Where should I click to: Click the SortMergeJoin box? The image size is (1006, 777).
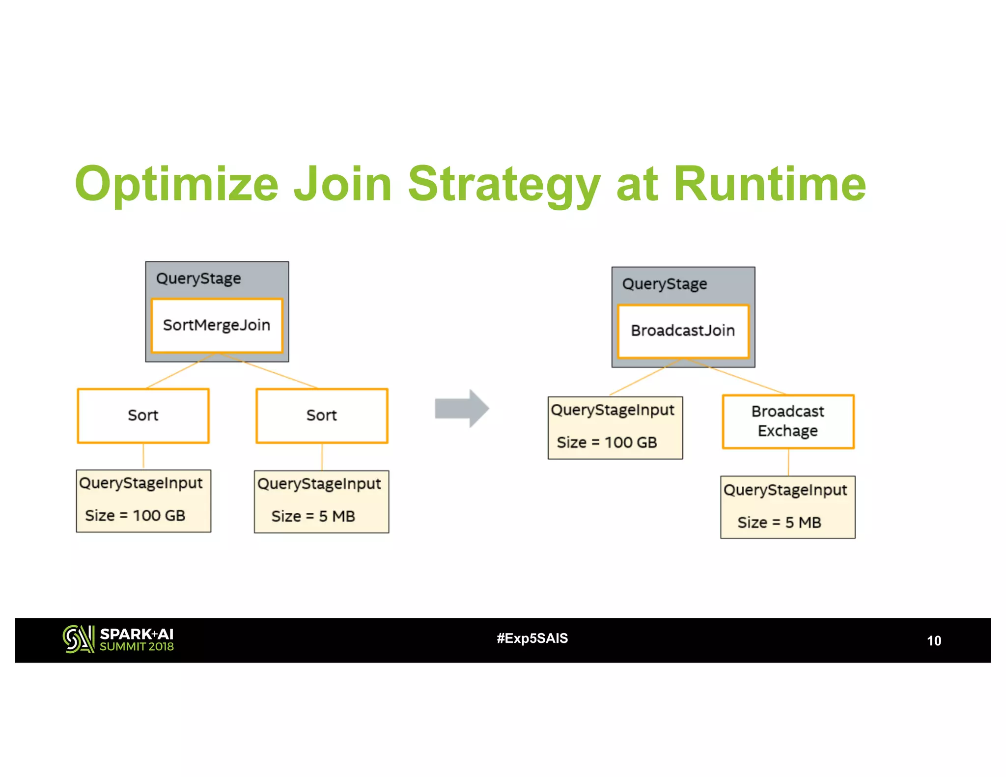[217, 325]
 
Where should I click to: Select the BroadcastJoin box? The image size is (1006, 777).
[683, 331]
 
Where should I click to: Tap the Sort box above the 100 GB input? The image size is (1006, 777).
[143, 416]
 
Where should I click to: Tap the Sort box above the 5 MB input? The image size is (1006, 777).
[322, 416]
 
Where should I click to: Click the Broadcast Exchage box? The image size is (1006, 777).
[788, 421]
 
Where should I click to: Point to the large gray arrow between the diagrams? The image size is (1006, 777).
[462, 409]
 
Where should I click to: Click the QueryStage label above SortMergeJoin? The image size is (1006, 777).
[198, 278]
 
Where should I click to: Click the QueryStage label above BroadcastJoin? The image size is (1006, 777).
[665, 284]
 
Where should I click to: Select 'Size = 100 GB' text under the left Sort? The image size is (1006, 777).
[135, 516]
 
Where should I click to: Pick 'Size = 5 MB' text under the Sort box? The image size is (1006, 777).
[313, 517]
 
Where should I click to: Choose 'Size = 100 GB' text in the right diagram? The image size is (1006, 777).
[607, 443]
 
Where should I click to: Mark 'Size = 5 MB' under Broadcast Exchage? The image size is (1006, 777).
[779, 523]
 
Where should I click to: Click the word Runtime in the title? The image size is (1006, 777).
[769, 184]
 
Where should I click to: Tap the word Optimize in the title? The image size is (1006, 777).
[177, 184]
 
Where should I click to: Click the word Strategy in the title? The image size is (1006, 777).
[504, 184]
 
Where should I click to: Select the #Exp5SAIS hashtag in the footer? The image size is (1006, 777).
[532, 638]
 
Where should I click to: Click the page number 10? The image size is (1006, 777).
[933, 641]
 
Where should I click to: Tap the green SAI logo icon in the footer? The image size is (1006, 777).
[78, 639]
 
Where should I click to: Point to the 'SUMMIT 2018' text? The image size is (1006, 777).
[137, 647]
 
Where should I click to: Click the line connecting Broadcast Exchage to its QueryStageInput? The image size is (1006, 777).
[788, 462]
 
